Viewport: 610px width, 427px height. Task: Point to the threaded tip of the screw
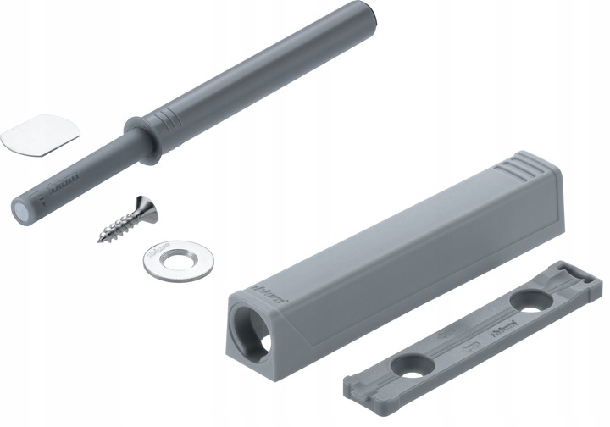coord(102,238)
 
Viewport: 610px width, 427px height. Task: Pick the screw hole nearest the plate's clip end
coord(532,298)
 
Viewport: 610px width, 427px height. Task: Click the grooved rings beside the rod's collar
coord(169,121)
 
